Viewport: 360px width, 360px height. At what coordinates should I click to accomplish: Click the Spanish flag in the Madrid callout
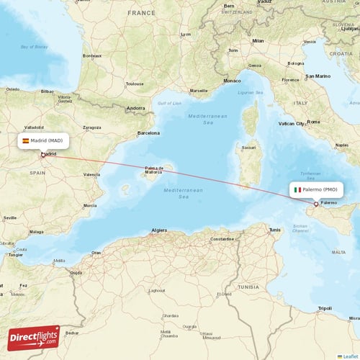point(26,140)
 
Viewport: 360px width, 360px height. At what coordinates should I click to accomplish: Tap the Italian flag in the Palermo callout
point(297,189)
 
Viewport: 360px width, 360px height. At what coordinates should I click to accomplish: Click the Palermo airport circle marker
point(315,204)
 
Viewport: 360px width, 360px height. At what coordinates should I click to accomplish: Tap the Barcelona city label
point(148,133)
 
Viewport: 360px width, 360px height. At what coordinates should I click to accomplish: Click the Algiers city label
point(158,230)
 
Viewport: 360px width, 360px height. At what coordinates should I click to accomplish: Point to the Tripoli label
point(325,308)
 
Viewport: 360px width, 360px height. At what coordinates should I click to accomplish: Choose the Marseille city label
point(198,91)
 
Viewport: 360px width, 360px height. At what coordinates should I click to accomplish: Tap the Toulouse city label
point(134,84)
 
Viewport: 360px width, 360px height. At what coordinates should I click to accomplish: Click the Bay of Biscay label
point(34,47)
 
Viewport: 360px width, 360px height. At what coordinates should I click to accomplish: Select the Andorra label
point(135,108)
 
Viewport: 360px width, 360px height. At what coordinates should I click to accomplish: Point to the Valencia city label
point(91,174)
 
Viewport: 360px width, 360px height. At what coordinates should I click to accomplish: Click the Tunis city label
point(274,230)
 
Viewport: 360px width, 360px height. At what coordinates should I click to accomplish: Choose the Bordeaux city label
point(91,55)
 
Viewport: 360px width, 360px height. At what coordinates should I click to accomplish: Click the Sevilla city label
point(9,217)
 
